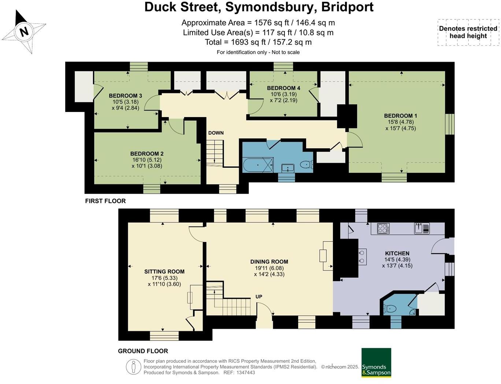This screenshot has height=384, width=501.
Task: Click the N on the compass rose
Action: click(x=24, y=32)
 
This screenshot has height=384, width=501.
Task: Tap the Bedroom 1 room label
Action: click(x=400, y=116)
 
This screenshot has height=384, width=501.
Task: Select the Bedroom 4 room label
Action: click(x=283, y=88)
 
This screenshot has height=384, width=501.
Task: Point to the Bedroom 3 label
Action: click(x=125, y=96)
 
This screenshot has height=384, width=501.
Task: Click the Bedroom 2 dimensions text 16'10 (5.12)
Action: click(x=147, y=160)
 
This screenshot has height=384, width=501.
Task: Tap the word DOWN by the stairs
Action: click(x=216, y=133)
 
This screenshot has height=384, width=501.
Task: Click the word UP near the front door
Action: click(x=259, y=297)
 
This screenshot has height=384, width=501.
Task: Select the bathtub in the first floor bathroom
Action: click(x=258, y=165)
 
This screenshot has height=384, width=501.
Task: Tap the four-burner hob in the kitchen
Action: click(x=383, y=228)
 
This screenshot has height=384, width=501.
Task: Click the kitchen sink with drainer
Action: click(x=422, y=228)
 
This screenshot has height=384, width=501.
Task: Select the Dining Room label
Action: click(x=269, y=262)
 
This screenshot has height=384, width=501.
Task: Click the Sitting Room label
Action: click(x=164, y=272)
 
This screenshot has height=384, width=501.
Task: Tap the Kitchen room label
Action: click(x=397, y=253)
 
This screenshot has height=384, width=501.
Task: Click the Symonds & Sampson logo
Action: click(x=376, y=363)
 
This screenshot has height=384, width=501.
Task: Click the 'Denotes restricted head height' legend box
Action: click(x=468, y=32)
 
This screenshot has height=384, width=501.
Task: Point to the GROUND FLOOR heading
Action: click(x=143, y=351)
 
